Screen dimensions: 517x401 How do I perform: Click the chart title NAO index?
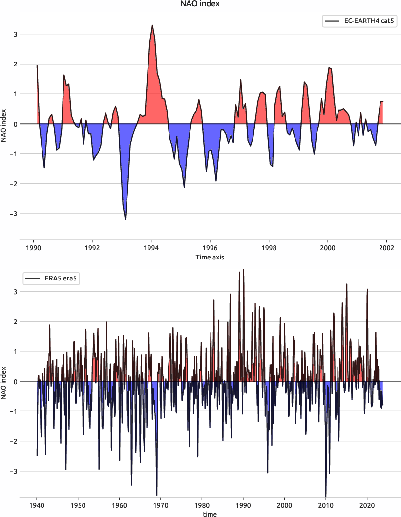tap(200, 4)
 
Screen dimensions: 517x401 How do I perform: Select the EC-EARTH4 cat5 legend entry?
tap(359, 21)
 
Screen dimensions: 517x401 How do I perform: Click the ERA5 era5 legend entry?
tap(53, 279)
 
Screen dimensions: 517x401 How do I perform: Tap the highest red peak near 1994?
tap(152, 26)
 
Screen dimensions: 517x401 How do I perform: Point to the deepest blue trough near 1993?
tap(125, 219)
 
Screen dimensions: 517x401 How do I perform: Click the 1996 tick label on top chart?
tap(210, 248)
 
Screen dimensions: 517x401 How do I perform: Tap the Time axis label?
tap(210, 257)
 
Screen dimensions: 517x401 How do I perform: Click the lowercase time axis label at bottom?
tap(210, 514)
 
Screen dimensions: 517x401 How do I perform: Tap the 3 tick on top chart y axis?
tap(15, 34)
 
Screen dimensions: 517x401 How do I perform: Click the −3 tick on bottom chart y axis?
tap(14, 471)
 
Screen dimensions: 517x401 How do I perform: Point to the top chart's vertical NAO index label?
tap(4, 124)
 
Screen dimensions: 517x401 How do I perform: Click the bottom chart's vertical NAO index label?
tap(4, 382)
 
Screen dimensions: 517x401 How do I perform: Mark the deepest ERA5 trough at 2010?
tap(326, 495)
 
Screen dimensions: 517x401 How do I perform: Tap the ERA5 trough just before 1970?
tap(157, 495)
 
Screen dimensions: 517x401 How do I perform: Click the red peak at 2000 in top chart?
tap(329, 68)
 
